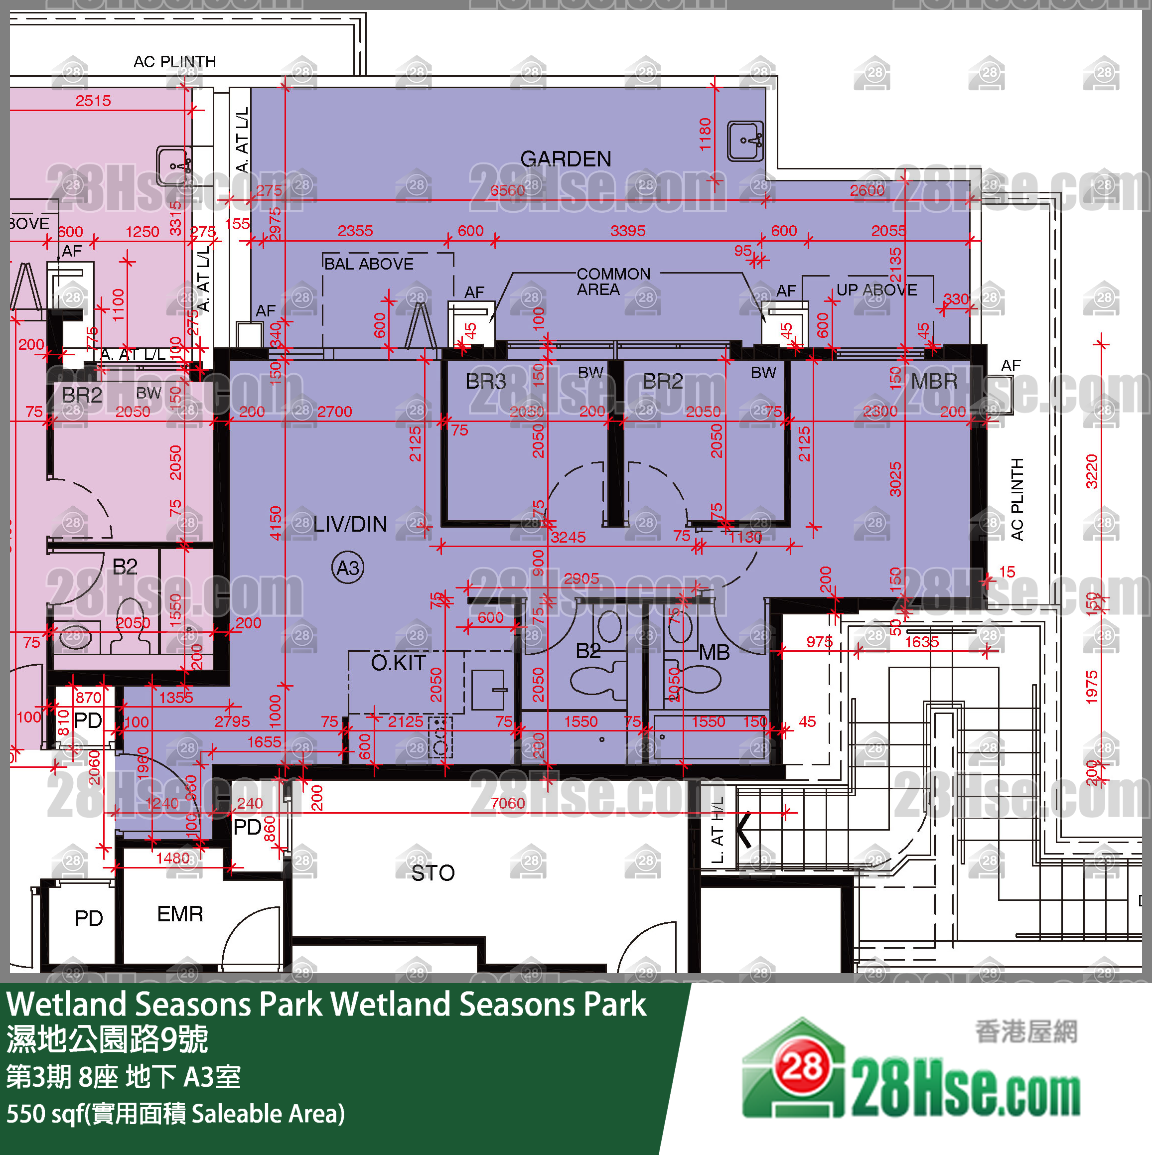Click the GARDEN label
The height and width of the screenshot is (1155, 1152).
[566, 159]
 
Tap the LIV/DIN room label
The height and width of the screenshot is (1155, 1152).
[350, 524]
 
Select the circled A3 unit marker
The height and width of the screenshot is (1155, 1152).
[348, 568]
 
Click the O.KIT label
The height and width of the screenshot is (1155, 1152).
[398, 662]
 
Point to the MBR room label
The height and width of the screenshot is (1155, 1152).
[934, 381]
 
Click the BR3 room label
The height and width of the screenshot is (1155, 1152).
[485, 381]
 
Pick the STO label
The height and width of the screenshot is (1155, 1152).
[433, 873]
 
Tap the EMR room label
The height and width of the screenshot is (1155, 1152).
[180, 914]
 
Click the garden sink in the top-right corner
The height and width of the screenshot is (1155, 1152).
[745, 141]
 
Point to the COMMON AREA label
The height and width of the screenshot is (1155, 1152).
[613, 282]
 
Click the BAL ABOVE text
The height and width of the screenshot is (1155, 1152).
[369, 264]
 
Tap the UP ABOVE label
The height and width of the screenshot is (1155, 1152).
[876, 290]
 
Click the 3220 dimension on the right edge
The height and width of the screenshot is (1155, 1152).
[1092, 471]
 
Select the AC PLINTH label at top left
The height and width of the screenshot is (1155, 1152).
[174, 62]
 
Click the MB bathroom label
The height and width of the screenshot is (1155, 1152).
[715, 652]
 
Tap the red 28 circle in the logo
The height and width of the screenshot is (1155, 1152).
[803, 1065]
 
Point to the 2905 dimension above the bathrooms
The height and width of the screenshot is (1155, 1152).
[581, 578]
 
